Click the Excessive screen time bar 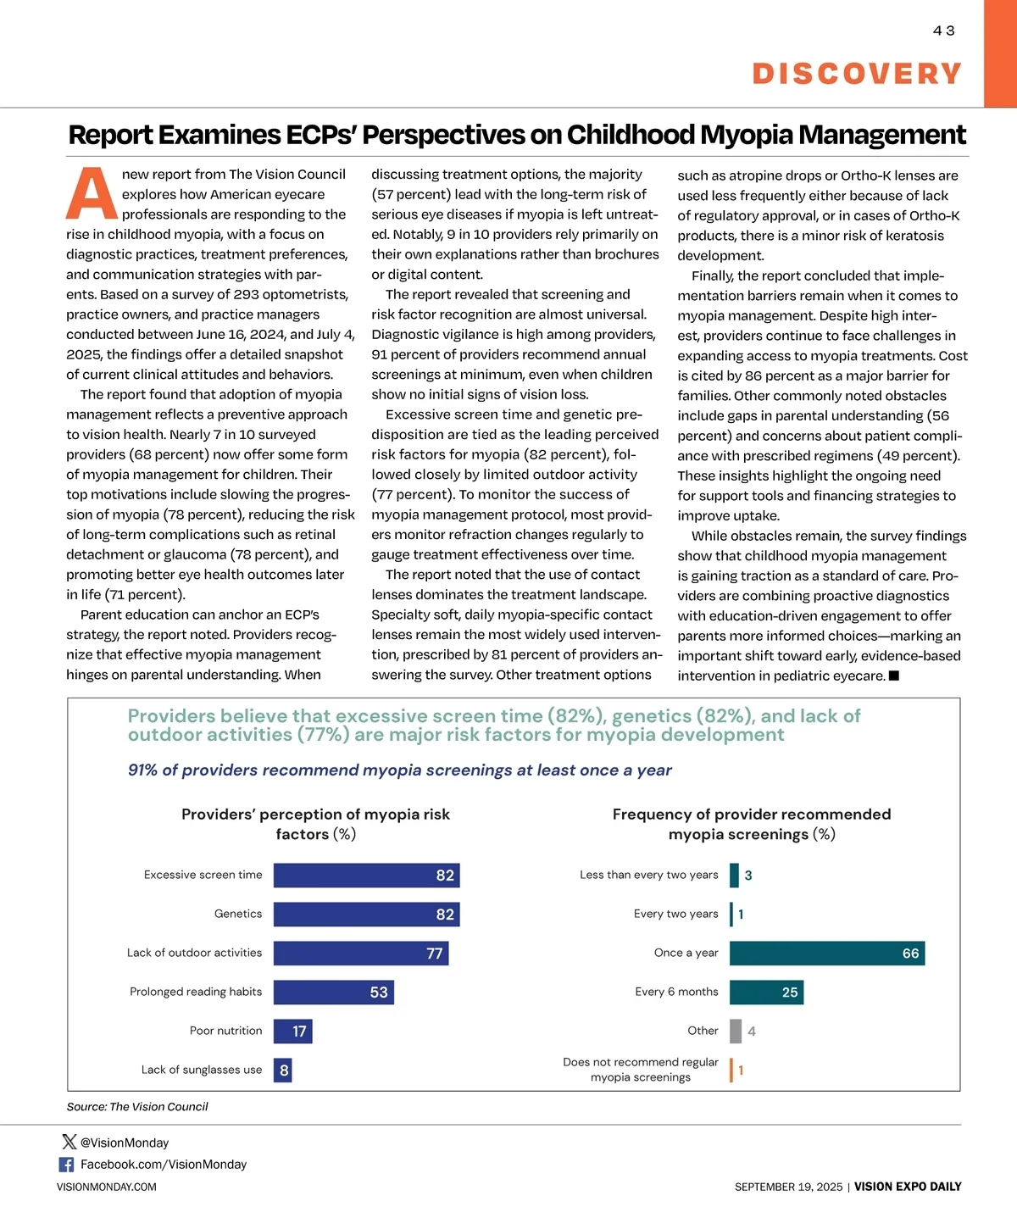[x=366, y=876]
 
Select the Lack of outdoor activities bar [x=361, y=954]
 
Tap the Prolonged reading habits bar [x=334, y=993]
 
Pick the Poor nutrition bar [x=293, y=1032]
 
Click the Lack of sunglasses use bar [x=283, y=1071]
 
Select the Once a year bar [x=827, y=954]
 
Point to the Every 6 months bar [x=766, y=993]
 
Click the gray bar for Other [x=736, y=1032]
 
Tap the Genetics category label [x=238, y=914]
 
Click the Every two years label [x=675, y=914]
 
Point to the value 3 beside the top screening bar [x=748, y=876]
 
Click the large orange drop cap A [x=92, y=194]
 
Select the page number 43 [x=943, y=31]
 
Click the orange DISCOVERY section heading [x=857, y=74]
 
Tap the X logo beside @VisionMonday [x=69, y=1143]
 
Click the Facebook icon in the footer [x=66, y=1165]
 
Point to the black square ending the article [x=893, y=676]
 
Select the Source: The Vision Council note [x=137, y=1107]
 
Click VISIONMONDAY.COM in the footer [x=107, y=1187]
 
